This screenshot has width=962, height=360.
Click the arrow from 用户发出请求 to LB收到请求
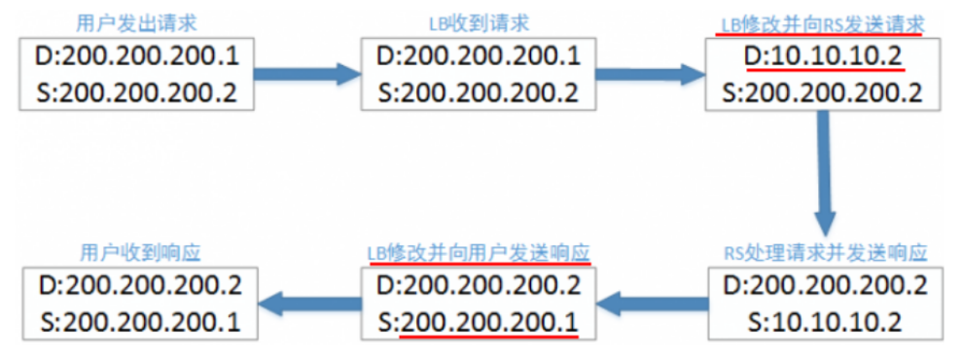pos(306,72)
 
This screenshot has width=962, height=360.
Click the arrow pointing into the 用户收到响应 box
pos(306,305)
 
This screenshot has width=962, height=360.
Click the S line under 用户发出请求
pos(137,92)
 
